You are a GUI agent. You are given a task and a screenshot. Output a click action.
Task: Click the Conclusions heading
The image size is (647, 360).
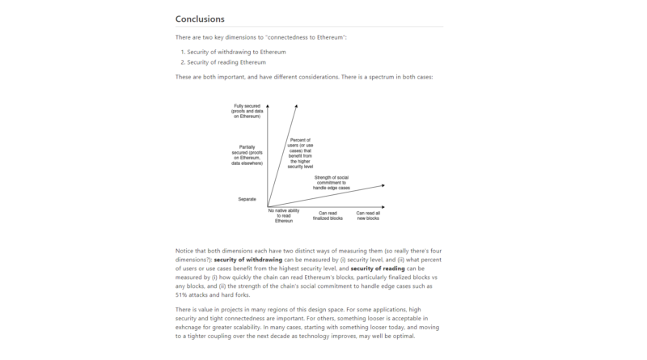point(200,19)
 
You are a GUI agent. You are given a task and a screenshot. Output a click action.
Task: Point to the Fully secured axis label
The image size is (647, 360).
point(247,111)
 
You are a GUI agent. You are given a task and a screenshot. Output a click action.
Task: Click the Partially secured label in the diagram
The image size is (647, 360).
point(247,155)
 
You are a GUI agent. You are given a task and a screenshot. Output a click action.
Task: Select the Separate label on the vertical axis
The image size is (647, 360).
point(247,199)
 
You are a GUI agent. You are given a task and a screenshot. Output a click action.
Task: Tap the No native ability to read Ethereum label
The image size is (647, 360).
point(283,215)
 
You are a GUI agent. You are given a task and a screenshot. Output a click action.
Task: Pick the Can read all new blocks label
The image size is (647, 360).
point(368,215)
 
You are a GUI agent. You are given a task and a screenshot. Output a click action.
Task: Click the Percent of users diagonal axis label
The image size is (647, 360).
point(301,151)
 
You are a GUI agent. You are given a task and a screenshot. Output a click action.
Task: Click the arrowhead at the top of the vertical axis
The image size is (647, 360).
point(268,105)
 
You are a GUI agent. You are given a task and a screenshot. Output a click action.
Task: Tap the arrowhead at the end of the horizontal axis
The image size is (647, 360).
point(383,207)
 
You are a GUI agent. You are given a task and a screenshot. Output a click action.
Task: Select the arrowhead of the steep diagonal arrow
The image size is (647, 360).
point(296,105)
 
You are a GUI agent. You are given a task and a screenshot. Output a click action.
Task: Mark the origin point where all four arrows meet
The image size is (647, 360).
point(268,207)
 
